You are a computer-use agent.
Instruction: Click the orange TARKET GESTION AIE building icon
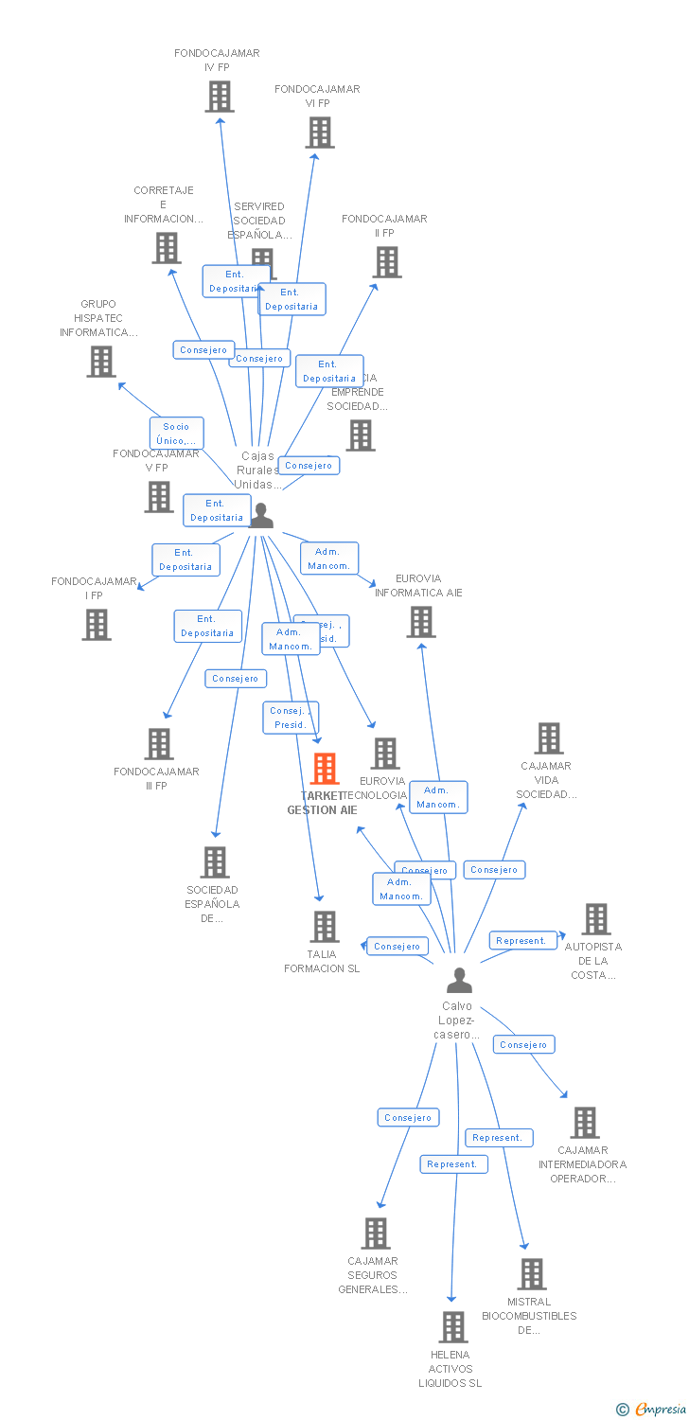325,769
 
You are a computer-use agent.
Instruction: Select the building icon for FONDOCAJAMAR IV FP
220,97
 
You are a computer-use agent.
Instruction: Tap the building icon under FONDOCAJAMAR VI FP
320,133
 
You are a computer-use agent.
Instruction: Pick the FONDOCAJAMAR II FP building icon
387,262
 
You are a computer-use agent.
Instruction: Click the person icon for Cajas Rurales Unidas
261,516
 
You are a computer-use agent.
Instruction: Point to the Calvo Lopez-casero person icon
459,980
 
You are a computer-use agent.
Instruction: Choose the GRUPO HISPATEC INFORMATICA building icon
101,362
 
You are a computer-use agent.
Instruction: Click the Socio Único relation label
176,433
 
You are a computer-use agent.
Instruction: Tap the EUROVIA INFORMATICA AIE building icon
421,622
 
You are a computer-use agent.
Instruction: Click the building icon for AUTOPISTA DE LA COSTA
596,918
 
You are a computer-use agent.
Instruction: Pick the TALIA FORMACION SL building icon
325,927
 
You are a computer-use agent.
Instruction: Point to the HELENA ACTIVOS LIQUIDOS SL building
453,1327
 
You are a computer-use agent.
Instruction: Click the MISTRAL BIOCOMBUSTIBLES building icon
532,1274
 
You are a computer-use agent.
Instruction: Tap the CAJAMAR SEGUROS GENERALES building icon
376,1234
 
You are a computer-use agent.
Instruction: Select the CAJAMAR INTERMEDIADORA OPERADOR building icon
585,1123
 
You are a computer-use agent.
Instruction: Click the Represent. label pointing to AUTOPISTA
521,941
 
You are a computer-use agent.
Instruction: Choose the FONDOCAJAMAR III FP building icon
159,744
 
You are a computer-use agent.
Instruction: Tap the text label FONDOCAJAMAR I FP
94,588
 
